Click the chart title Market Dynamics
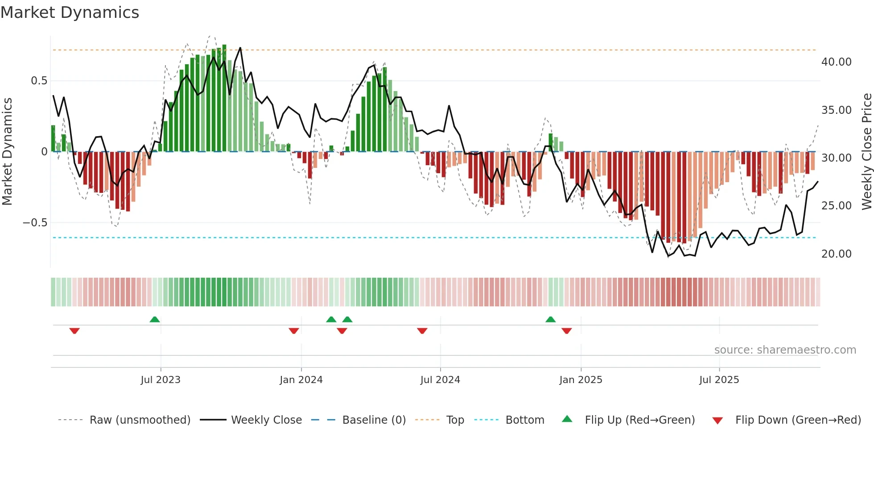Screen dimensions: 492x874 pos(70,13)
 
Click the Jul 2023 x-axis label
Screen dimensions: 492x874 pos(161,380)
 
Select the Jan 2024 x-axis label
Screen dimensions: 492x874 pos(301,380)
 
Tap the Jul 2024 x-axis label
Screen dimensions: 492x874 pos(440,380)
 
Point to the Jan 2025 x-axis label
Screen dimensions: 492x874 pos(581,380)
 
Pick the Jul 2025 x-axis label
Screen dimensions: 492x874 pos(719,380)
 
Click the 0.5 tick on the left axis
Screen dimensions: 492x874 pos(39,81)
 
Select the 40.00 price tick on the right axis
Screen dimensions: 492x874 pos(836,62)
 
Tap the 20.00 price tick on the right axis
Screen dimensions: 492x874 pos(836,254)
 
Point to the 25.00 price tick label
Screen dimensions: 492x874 pos(836,206)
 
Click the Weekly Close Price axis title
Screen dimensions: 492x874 pos(866,152)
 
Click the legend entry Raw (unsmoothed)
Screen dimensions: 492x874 pos(140,420)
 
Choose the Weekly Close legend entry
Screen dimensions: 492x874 pos(266,420)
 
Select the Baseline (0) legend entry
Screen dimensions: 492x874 pos(374,420)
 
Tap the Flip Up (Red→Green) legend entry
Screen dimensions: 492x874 pos(639,420)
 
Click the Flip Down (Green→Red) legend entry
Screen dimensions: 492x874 pos(798,420)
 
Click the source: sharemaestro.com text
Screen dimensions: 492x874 pos(785,350)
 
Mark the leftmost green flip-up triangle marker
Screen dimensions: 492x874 pos(155,319)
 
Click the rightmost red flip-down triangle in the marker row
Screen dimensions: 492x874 pos(567,331)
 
